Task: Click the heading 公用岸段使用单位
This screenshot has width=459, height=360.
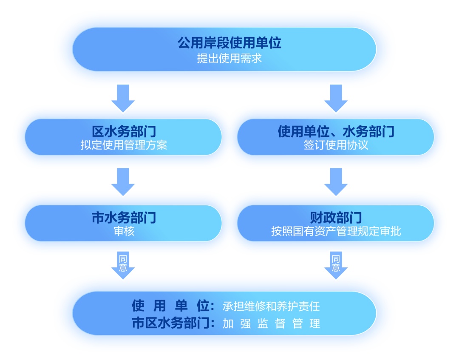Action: click(x=229, y=43)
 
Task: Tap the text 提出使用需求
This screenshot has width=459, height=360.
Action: click(x=229, y=58)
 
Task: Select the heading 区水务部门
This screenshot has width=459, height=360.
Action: click(x=124, y=131)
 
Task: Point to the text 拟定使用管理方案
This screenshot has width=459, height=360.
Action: click(x=124, y=145)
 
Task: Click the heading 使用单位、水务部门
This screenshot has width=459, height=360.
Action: click(x=336, y=131)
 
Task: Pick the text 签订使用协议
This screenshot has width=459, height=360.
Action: click(x=336, y=145)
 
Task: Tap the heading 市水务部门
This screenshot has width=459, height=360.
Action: click(x=124, y=218)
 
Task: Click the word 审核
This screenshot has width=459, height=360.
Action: click(x=124, y=232)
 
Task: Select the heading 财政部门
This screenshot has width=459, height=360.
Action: click(x=336, y=218)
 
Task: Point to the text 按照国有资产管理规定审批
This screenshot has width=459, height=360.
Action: click(x=336, y=232)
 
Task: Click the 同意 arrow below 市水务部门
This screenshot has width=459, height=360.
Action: click(x=123, y=265)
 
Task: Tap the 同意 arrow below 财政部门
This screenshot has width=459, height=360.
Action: click(x=336, y=265)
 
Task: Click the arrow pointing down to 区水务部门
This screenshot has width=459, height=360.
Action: click(x=123, y=98)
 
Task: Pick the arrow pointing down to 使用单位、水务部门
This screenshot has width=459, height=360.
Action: click(x=336, y=98)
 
